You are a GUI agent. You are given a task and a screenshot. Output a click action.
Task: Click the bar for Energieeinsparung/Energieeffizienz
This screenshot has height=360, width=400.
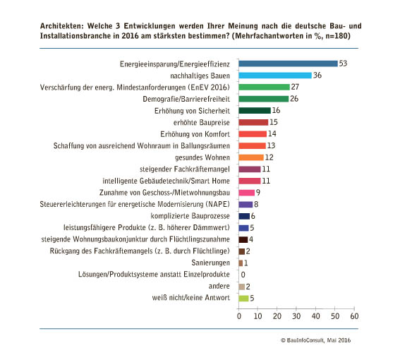pyautogui.click(x=288, y=64)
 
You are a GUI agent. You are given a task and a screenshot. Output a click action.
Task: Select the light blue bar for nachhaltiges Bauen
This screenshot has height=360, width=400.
pyautogui.click(x=275, y=76)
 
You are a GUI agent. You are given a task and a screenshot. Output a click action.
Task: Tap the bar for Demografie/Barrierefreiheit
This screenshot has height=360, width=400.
pyautogui.click(x=264, y=99)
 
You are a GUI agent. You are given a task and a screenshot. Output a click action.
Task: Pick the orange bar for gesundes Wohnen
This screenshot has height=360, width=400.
pyautogui.click(x=251, y=157)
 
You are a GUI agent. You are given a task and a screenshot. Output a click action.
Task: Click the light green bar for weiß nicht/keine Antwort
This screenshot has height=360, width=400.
pyautogui.click(x=243, y=298)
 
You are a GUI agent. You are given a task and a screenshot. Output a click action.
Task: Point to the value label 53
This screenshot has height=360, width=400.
pyautogui.click(x=343, y=64)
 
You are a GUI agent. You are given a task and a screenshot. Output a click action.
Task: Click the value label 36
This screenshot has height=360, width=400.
pyautogui.click(x=317, y=75)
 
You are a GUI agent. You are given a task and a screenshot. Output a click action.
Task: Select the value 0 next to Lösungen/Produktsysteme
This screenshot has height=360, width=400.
pyautogui.click(x=243, y=275)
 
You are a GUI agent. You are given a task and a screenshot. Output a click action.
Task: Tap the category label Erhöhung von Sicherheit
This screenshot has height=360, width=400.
pyautogui.click(x=192, y=111)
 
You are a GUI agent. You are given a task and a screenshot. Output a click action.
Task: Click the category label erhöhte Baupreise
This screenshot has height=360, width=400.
pyautogui.click(x=202, y=123)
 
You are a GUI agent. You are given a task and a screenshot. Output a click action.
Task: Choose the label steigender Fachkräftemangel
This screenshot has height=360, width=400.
pyautogui.click(x=185, y=169)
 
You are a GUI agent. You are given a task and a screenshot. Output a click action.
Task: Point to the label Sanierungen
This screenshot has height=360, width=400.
pyautogui.click(x=210, y=263)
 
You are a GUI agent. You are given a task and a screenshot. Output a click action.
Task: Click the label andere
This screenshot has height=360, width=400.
pyautogui.click(x=219, y=286)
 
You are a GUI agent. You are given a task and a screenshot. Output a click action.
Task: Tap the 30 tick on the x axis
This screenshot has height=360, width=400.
pyautogui.click(x=296, y=316)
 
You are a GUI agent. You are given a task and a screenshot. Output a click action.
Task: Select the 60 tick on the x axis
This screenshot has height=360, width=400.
pyautogui.click(x=354, y=316)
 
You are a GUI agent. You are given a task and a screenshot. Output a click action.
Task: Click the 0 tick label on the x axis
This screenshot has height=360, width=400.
pyautogui.click(x=238, y=316)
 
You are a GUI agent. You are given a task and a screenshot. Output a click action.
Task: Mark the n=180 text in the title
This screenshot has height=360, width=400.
pyautogui.click(x=337, y=36)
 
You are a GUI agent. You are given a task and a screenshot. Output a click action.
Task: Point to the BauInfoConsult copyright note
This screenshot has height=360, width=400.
pyautogui.click(x=315, y=340)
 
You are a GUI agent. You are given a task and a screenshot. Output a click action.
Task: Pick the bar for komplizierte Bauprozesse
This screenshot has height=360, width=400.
pyautogui.click(x=244, y=216)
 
